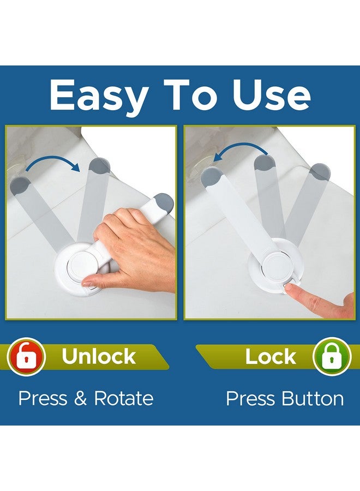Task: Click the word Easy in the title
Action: coord(98,95)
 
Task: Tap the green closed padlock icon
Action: coord(332,356)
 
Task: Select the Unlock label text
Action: coord(99,356)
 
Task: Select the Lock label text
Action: coord(271,357)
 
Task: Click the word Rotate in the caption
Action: coord(123,398)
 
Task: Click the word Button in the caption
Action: coord(314,398)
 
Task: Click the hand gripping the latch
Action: coord(136,245)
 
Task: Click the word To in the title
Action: coord(197,95)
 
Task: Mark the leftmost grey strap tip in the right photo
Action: coord(211,176)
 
